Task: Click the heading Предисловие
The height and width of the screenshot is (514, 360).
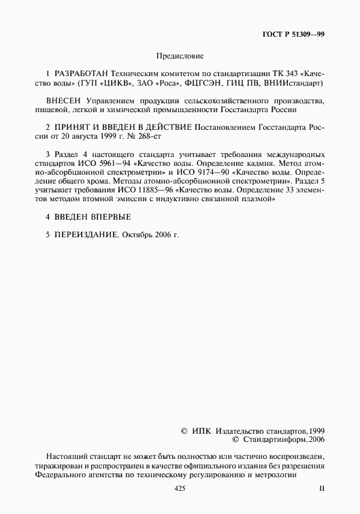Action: [x=180, y=56]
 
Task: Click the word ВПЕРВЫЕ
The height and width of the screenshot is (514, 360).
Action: [x=109, y=216]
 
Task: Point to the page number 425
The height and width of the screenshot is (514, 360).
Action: [x=180, y=489]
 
